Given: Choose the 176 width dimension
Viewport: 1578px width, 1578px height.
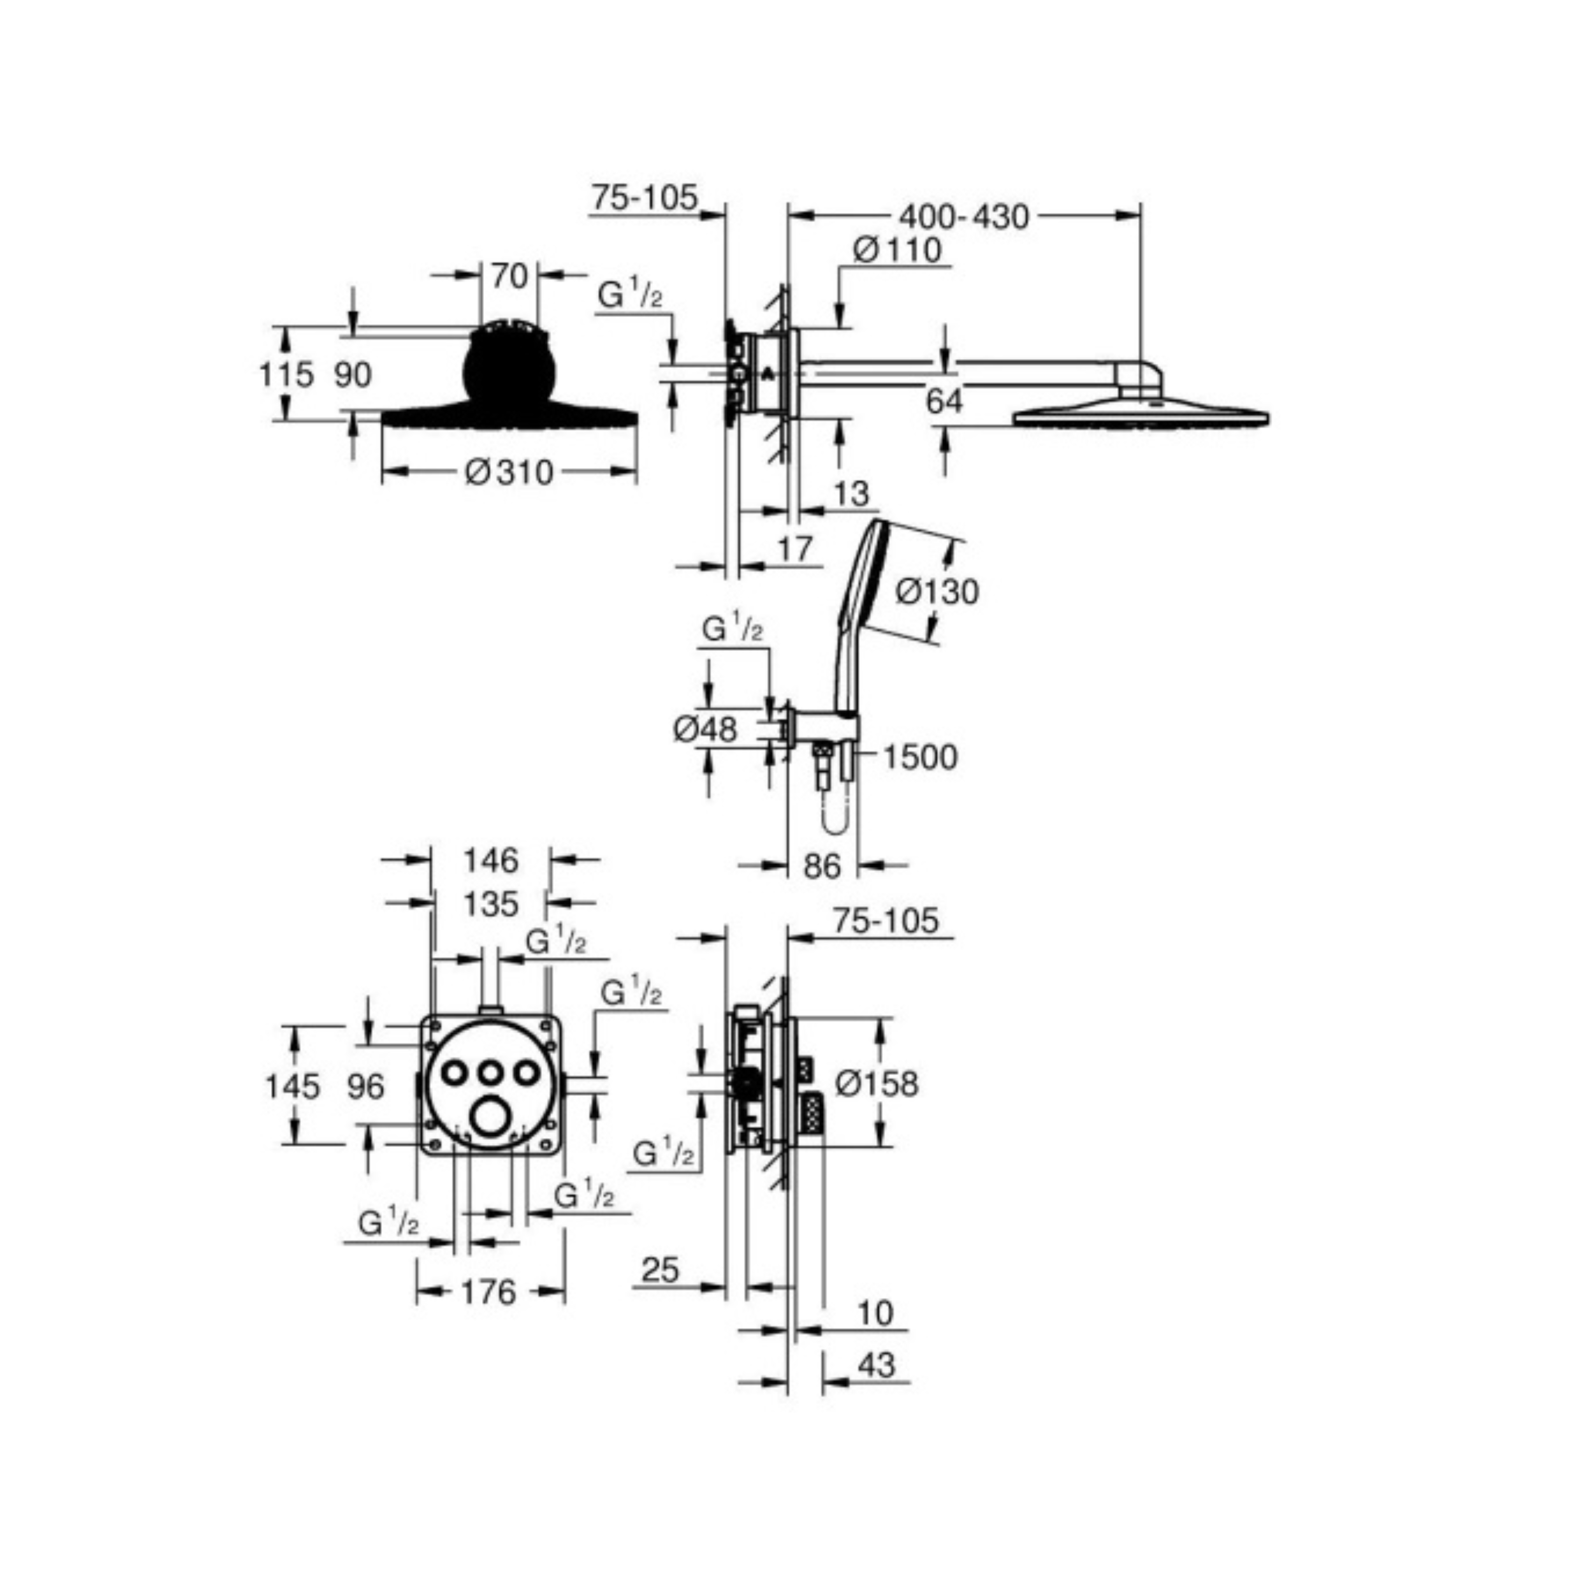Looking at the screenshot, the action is pyautogui.click(x=489, y=1291).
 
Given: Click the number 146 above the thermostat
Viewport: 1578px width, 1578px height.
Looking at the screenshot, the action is pyautogui.click(x=491, y=860).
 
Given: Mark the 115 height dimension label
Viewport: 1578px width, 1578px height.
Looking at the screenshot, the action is pyautogui.click(x=286, y=374).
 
